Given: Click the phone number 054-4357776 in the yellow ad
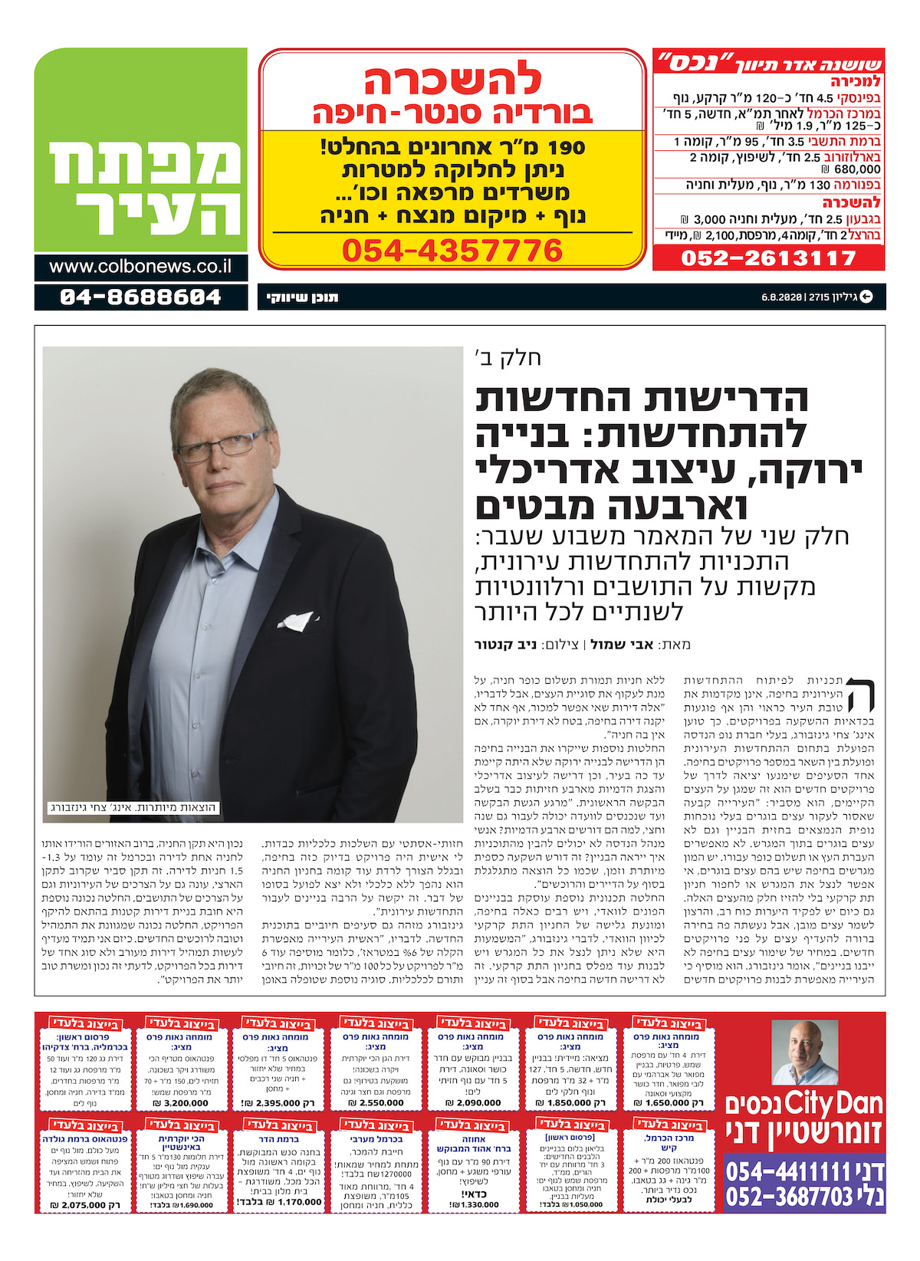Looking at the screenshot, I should (x=452, y=251).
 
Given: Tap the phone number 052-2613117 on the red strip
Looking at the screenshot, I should (x=768, y=258).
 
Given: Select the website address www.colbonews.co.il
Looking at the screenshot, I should (x=140, y=267).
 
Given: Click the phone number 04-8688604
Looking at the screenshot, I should (x=140, y=297).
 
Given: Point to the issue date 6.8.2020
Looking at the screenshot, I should (x=781, y=297).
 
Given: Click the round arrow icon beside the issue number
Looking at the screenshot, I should (x=866, y=297).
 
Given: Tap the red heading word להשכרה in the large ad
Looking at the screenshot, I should (x=452, y=80).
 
